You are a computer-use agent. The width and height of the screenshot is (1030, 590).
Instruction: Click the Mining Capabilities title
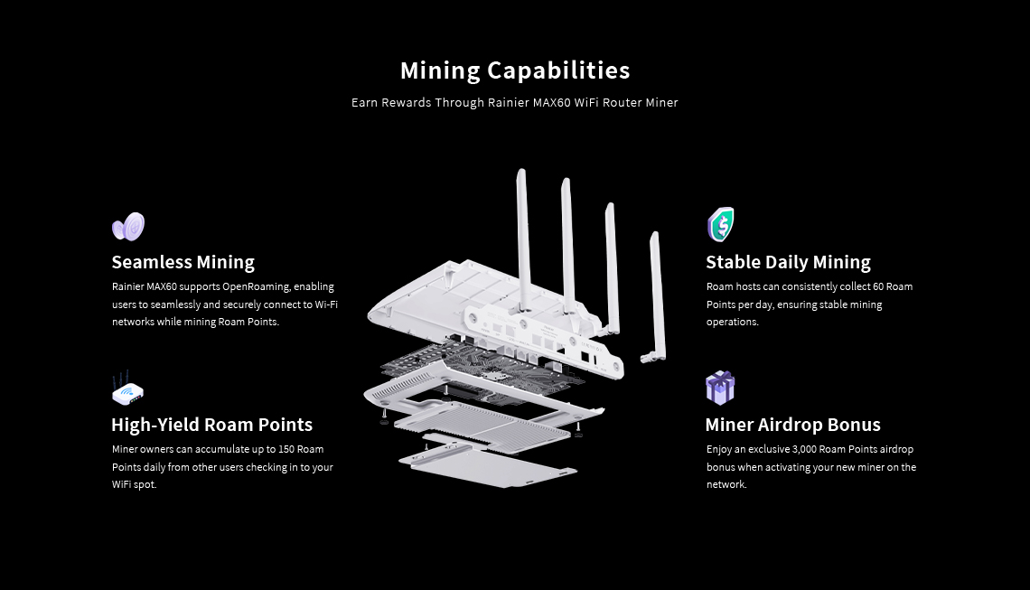[515, 71]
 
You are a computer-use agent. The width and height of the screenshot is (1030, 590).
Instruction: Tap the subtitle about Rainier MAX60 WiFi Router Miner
[514, 102]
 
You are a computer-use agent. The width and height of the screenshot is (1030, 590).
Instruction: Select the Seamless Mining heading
[183, 262]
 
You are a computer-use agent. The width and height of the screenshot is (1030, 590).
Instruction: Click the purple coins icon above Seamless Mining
[128, 227]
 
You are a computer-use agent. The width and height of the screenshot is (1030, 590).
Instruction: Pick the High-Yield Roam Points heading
[211, 425]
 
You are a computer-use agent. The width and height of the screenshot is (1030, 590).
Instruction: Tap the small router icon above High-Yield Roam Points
[127, 389]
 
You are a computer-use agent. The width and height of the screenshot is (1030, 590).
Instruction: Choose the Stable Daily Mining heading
[788, 262]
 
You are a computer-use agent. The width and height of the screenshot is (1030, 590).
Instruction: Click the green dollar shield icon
[721, 225]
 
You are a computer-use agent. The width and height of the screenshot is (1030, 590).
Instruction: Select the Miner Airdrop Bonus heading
[793, 425]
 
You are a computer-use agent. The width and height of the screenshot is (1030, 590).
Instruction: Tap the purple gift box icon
[720, 388]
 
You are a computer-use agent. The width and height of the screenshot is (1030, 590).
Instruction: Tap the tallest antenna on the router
[523, 239]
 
